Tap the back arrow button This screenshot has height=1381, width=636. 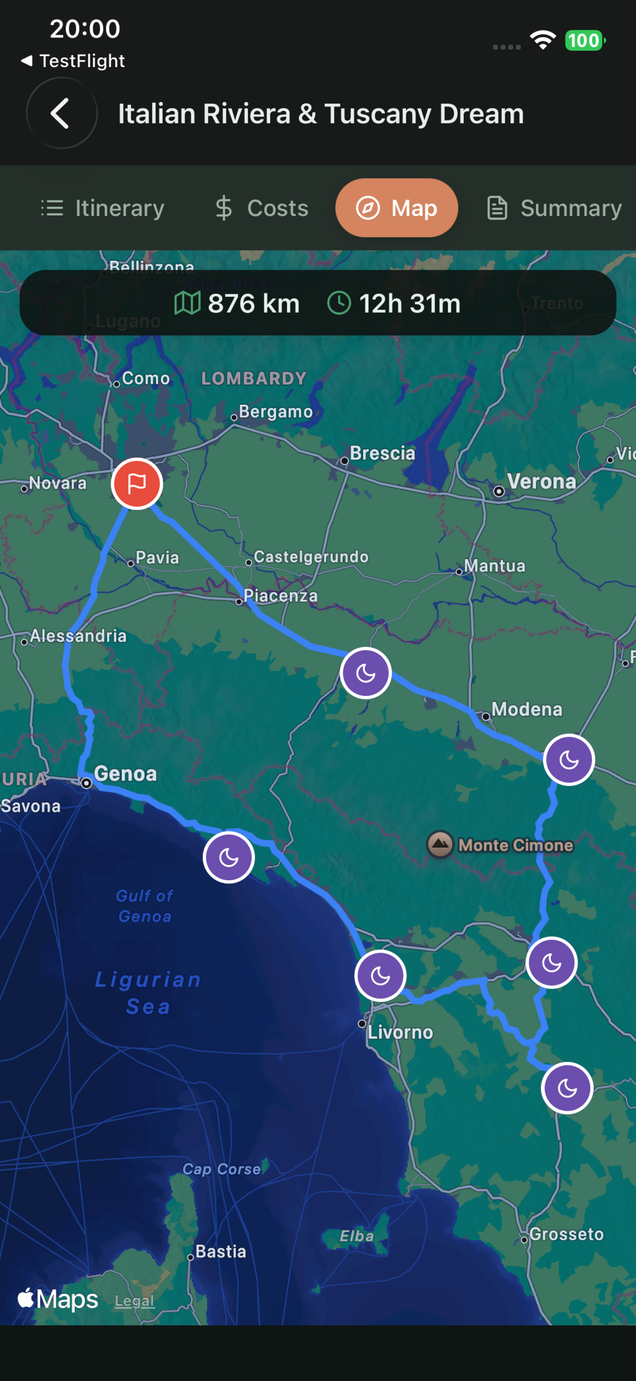click(x=61, y=113)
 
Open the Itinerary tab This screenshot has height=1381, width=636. click(x=103, y=208)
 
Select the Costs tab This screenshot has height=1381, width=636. click(x=261, y=208)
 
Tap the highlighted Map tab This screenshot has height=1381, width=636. click(x=396, y=208)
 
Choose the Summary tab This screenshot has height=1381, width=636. click(x=555, y=208)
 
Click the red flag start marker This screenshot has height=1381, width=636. click(x=137, y=484)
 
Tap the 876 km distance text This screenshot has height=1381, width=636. click(x=253, y=303)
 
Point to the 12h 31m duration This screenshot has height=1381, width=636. click(x=409, y=303)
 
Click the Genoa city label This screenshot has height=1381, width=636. click(x=126, y=774)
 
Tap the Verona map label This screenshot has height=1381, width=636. click(x=541, y=482)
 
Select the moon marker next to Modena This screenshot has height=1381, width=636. click(x=568, y=760)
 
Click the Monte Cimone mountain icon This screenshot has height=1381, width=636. click(x=440, y=844)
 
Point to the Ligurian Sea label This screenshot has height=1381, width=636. click(x=147, y=993)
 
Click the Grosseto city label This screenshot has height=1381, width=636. click(x=566, y=1234)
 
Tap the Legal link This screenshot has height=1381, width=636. click(x=134, y=1301)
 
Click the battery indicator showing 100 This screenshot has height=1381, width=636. click(x=585, y=41)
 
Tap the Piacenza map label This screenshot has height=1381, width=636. click(x=281, y=596)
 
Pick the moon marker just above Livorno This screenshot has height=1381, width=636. click(x=380, y=976)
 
